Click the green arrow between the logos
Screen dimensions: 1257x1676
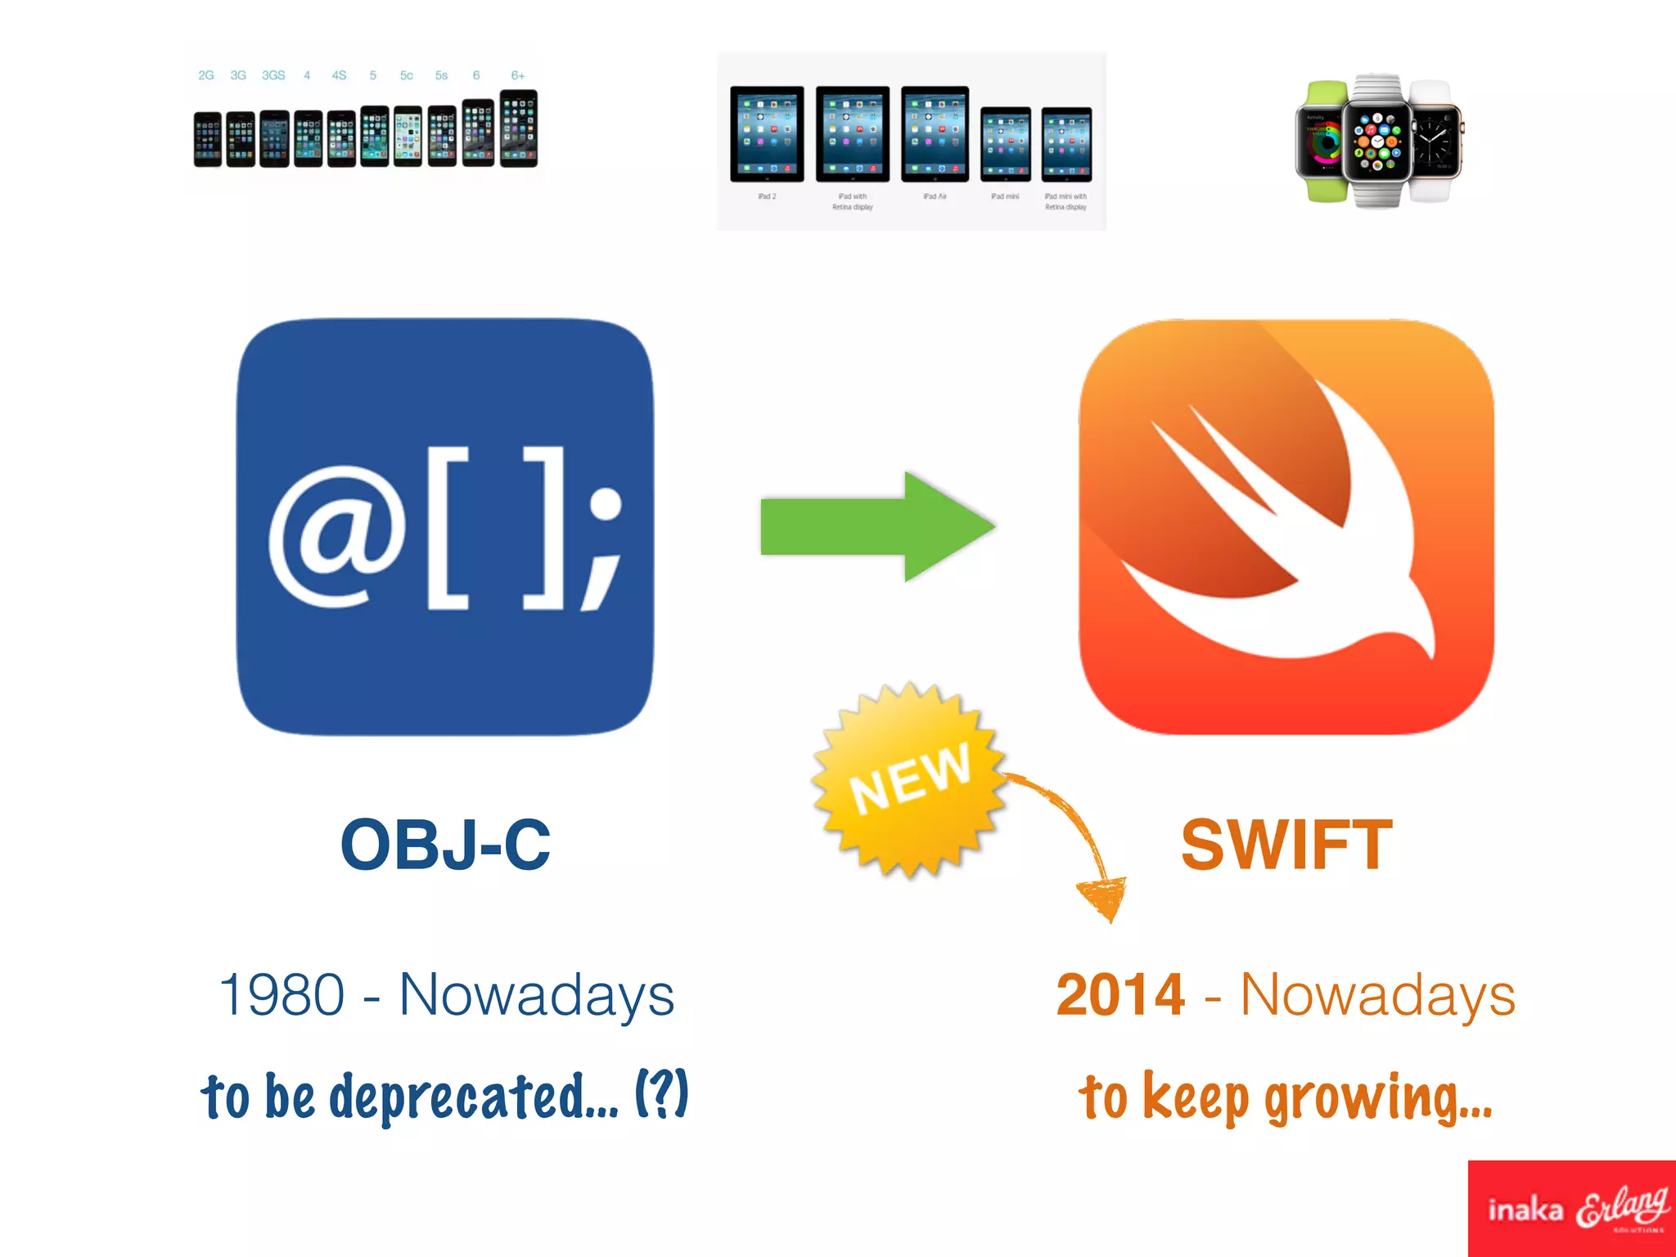(876, 526)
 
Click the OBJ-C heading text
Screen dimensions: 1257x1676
(445, 845)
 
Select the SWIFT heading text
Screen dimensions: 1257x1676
(1286, 845)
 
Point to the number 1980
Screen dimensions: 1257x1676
(282, 995)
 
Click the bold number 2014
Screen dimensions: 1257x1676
(1120, 995)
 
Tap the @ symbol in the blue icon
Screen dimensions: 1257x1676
(337, 536)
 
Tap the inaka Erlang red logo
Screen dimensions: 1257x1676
(1571, 1208)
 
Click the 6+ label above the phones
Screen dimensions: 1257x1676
(517, 75)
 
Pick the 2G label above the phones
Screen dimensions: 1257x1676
(205, 75)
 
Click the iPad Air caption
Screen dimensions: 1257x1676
(935, 196)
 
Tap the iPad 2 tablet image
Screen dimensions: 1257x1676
(767, 134)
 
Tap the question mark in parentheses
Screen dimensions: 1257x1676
(661, 1093)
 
